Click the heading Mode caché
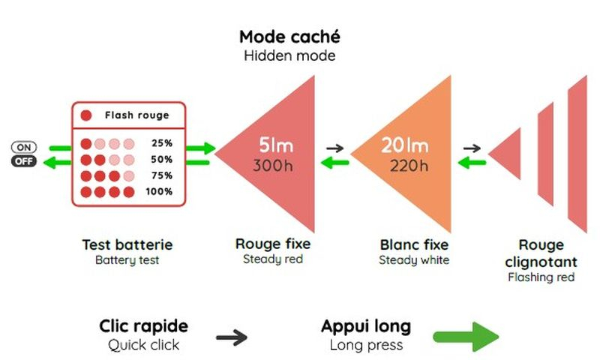(x=289, y=37)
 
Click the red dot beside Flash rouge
(x=86, y=115)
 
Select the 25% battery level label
(x=162, y=143)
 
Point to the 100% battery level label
(x=159, y=192)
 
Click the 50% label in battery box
(x=162, y=160)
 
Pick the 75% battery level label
(x=162, y=175)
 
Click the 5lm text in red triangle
(x=277, y=145)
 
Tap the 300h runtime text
(x=273, y=165)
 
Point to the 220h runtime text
(x=409, y=165)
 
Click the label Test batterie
(x=127, y=244)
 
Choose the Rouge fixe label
(x=272, y=244)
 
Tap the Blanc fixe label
(x=414, y=244)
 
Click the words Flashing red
(x=541, y=277)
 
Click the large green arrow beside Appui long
(x=466, y=337)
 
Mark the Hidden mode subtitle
(x=289, y=56)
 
